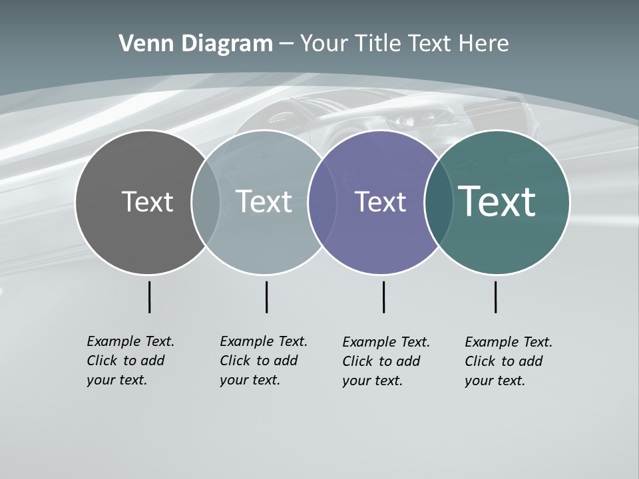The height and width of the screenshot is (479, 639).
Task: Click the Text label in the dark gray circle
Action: pyautogui.click(x=147, y=202)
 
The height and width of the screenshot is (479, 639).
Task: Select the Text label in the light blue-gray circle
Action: pyautogui.click(x=264, y=202)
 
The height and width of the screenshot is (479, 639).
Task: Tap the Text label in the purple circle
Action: pyautogui.click(x=380, y=202)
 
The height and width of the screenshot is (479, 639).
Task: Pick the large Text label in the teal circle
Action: pyautogui.click(x=497, y=202)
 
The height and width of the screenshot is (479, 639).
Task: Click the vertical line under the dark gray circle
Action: pyautogui.click(x=149, y=297)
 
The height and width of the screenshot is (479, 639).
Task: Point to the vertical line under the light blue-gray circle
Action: pyautogui.click(x=266, y=297)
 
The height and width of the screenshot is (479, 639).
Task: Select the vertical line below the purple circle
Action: pyautogui.click(x=383, y=297)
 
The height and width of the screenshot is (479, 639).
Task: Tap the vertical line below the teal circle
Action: pyautogui.click(x=495, y=297)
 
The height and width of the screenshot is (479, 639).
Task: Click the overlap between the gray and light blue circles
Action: pyautogui.click(x=206, y=202)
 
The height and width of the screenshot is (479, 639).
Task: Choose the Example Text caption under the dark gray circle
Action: pyautogui.click(x=130, y=361)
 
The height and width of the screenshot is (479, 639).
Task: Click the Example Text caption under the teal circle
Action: pyautogui.click(x=508, y=361)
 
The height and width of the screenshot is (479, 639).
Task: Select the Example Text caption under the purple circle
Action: pyautogui.click(x=385, y=361)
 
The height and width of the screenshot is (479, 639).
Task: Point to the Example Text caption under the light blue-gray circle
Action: pyautogui.click(x=263, y=361)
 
